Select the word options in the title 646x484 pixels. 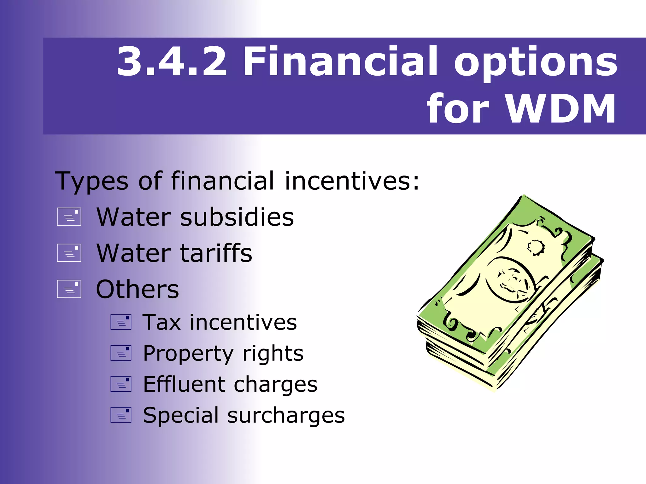pyautogui.click(x=535, y=63)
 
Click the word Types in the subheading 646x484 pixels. pyautogui.click(x=91, y=181)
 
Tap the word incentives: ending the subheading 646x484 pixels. pyautogui.click(x=352, y=181)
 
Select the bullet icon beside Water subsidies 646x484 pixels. pyautogui.click(x=69, y=217)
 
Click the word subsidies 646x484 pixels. pyautogui.click(x=237, y=217)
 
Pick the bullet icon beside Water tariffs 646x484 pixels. pyautogui.click(x=69, y=253)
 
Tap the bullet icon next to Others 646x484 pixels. pyautogui.click(x=69, y=289)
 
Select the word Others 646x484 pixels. pyautogui.click(x=138, y=289)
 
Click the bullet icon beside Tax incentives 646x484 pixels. pyautogui.click(x=121, y=322)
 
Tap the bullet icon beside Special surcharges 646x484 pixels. pyautogui.click(x=121, y=415)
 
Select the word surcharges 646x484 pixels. pyautogui.click(x=286, y=415)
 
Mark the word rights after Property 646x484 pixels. pyautogui.click(x=273, y=354)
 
